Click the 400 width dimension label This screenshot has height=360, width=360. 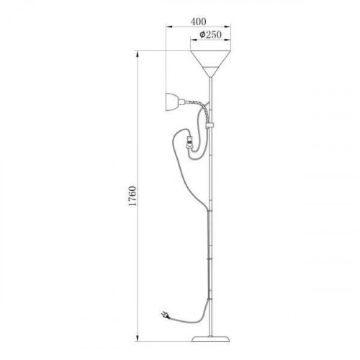coord(199,22)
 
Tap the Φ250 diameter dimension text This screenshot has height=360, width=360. coord(210,35)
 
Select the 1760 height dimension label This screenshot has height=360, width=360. coord(132,196)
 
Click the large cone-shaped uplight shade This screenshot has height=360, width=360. coord(210,63)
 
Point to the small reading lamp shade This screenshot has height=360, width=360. coord(172,102)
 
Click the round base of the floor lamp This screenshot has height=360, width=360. coord(210,338)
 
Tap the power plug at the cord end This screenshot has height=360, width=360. coord(166,315)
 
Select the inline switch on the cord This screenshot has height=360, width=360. coord(189,142)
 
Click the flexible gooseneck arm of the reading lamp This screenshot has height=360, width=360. coord(199,107)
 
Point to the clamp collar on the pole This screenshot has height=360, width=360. coord(210,125)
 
